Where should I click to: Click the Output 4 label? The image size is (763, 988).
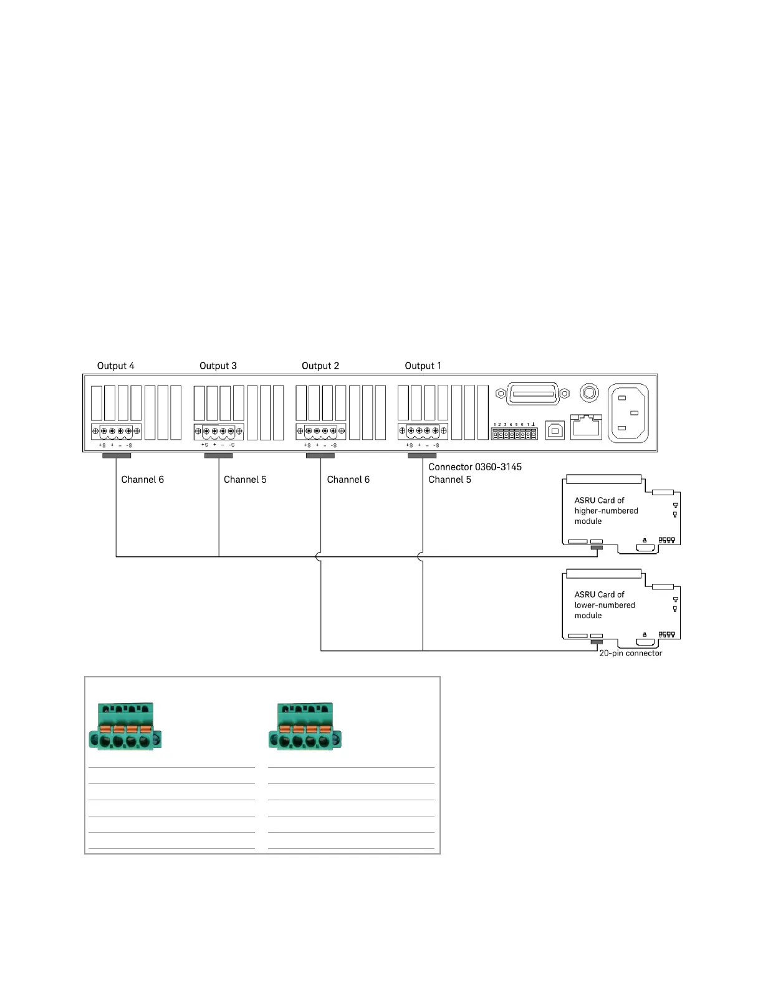[115, 366]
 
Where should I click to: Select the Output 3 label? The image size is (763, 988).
[218, 366]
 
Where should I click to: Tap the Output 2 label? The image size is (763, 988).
[320, 366]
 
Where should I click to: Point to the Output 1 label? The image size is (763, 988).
[423, 366]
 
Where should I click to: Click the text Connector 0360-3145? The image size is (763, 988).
[474, 467]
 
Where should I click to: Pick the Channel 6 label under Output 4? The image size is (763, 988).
[142, 480]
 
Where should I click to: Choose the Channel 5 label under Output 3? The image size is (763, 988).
[245, 480]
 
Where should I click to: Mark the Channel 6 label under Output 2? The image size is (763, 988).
[348, 480]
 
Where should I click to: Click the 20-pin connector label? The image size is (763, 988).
[630, 653]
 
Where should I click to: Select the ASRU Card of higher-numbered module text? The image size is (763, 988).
[605, 511]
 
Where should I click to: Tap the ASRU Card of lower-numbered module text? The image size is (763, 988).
[604, 605]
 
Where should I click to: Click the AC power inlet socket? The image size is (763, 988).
[628, 413]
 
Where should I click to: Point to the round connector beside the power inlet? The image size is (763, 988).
[589, 393]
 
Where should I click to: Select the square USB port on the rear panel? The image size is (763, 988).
[555, 430]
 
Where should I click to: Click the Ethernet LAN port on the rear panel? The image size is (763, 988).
[586, 427]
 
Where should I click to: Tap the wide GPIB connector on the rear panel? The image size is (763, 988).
[532, 394]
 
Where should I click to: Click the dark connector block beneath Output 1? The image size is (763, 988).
[422, 455]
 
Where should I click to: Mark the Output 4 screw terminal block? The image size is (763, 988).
[116, 431]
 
